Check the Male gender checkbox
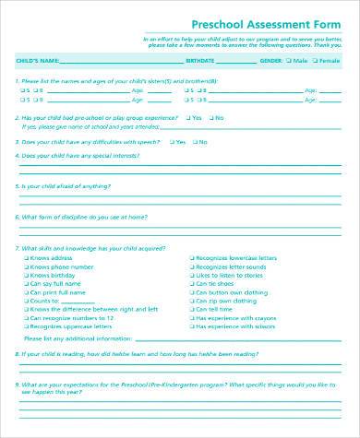(x=286, y=61)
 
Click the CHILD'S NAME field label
(x=37, y=61)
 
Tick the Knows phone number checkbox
(x=25, y=267)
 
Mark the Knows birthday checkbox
(x=25, y=276)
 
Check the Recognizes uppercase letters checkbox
(x=25, y=326)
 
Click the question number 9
(x=18, y=385)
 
